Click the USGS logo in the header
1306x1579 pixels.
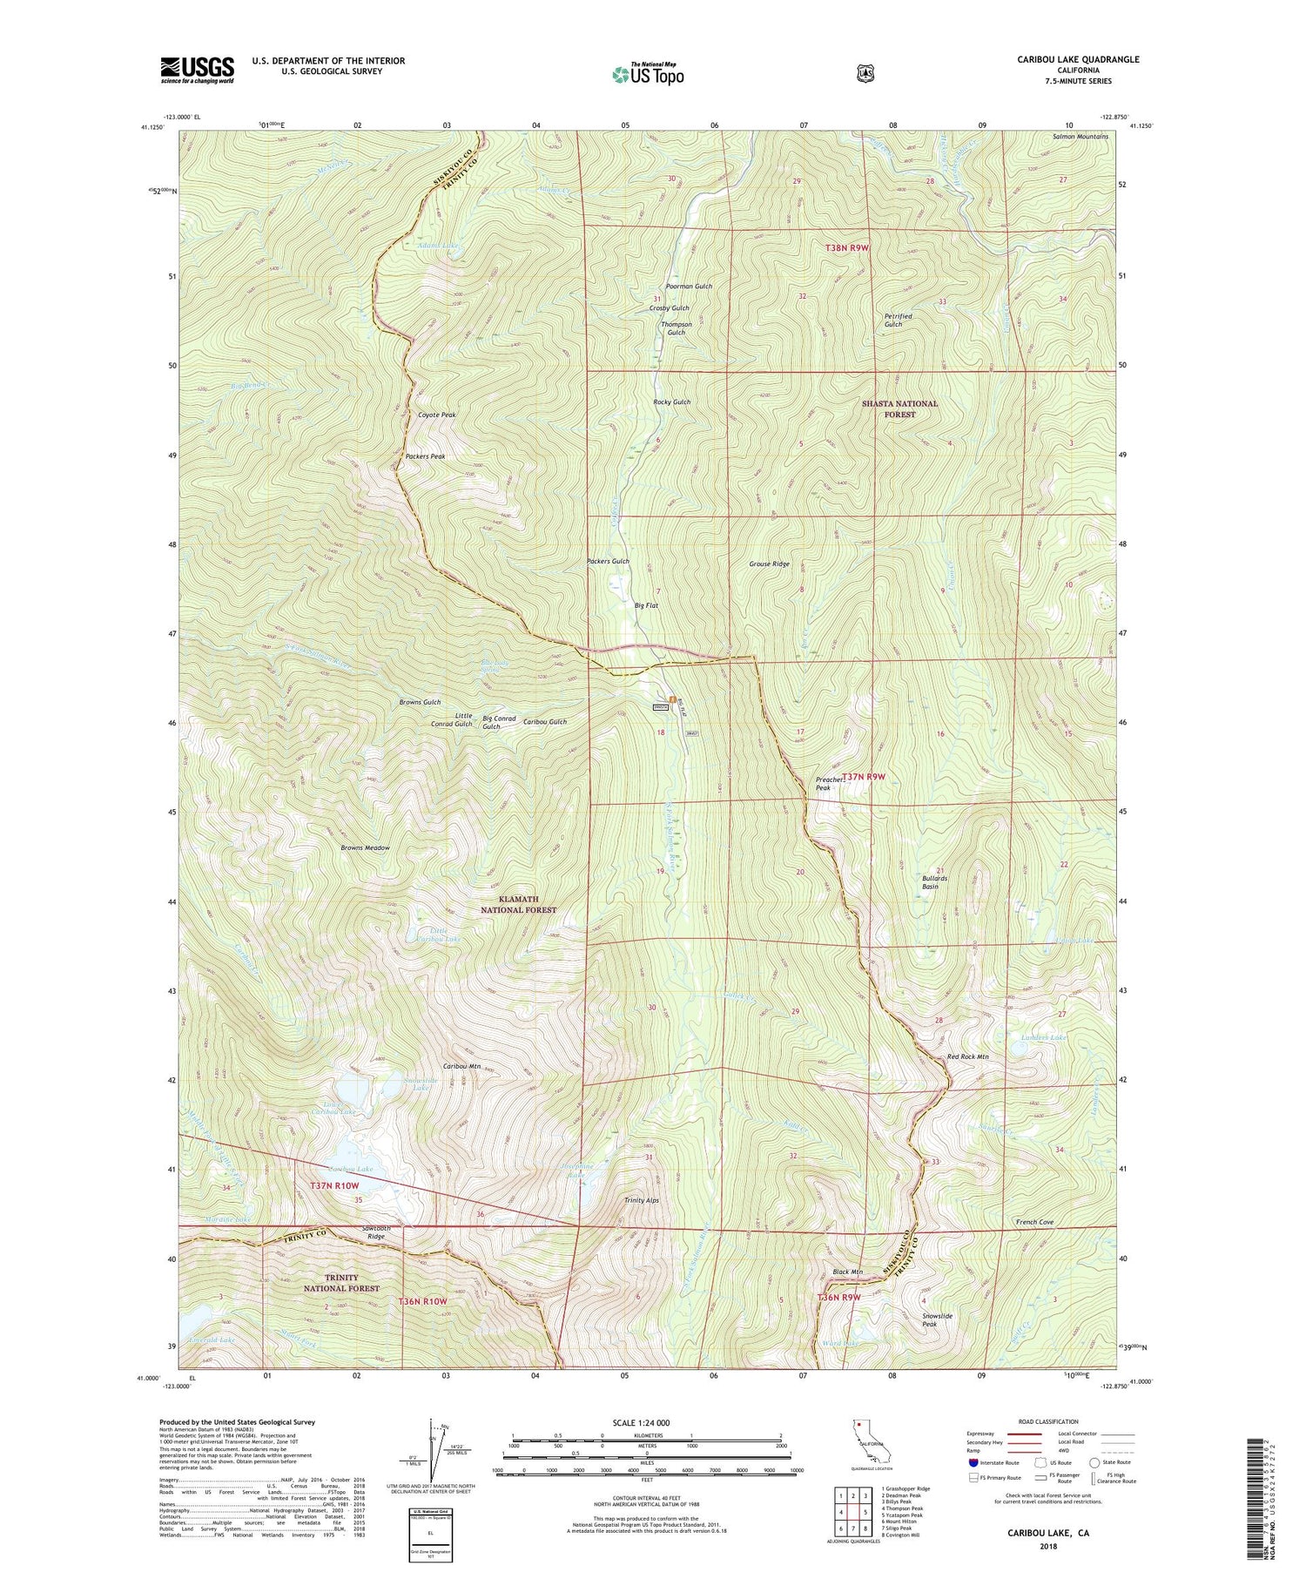click(x=197, y=70)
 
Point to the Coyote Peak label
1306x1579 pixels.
click(x=437, y=415)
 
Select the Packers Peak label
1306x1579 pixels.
click(x=426, y=456)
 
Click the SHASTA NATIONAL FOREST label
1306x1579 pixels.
click(x=899, y=408)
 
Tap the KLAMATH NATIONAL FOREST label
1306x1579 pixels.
click(x=518, y=904)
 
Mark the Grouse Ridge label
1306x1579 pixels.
click(x=769, y=564)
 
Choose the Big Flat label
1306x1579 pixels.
click(x=646, y=604)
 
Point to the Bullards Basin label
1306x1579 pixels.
click(x=934, y=883)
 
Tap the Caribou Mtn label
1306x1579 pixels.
click(x=461, y=1066)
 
